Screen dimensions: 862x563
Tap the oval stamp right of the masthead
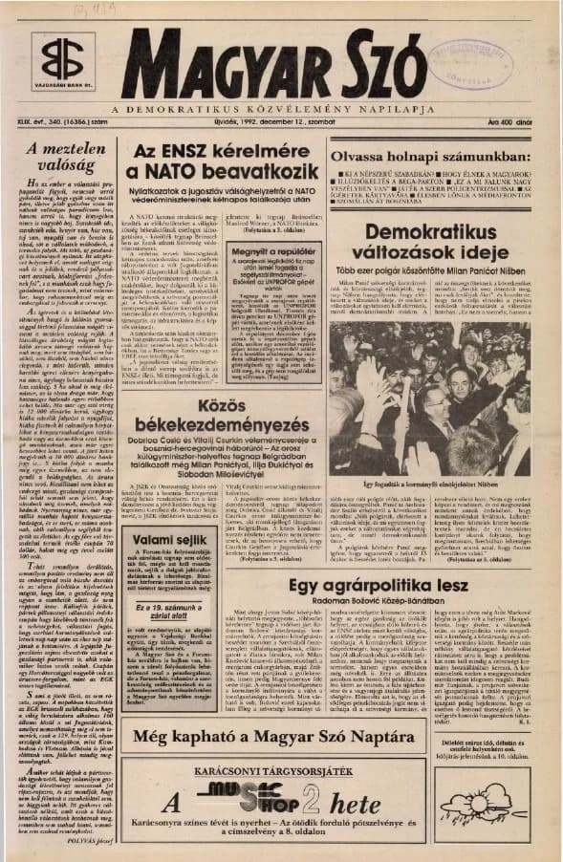[468, 67]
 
